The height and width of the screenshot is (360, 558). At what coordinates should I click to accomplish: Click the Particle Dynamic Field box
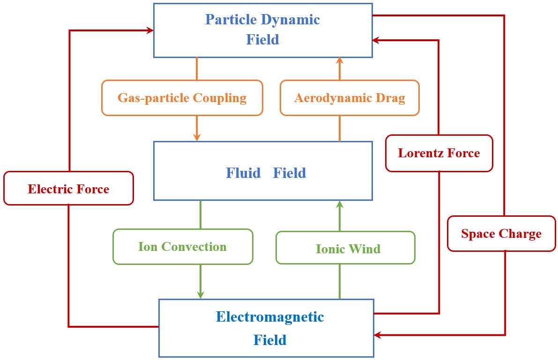[x=263, y=30]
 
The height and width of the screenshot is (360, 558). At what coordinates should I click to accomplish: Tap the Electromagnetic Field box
[x=266, y=328]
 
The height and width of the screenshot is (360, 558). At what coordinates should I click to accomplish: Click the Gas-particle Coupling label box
[x=182, y=98]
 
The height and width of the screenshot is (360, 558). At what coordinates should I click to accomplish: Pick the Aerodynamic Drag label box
[x=350, y=98]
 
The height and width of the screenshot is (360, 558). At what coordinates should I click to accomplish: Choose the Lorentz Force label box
[x=439, y=153]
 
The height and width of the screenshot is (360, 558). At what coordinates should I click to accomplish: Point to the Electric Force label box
[x=68, y=188]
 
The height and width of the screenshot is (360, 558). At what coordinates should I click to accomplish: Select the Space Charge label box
[x=501, y=234]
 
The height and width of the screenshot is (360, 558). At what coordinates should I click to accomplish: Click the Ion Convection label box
[x=183, y=247]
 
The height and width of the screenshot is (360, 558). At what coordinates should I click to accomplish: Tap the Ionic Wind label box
[x=345, y=248]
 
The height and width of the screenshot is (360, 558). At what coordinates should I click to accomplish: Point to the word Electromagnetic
[x=270, y=317]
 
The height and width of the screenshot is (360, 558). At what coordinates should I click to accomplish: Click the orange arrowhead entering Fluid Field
[x=197, y=137]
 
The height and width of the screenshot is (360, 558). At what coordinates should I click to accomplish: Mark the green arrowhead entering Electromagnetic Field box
[x=201, y=295]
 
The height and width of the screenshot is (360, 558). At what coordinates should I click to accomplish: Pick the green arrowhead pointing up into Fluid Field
[x=340, y=205]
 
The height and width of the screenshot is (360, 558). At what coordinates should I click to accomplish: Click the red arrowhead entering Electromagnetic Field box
[x=378, y=335]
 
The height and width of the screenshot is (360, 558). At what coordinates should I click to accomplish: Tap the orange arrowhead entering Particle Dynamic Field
[x=340, y=61]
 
